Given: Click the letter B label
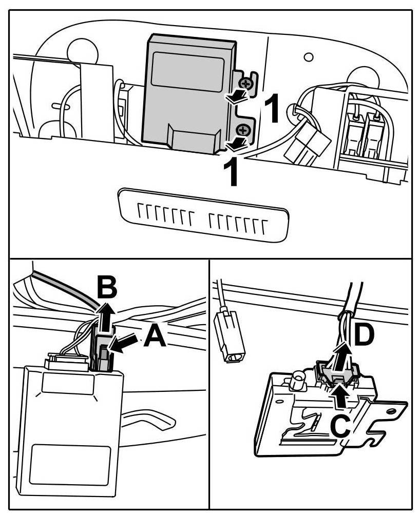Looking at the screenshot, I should click(x=107, y=288).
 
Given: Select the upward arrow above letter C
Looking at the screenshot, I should click(x=340, y=396).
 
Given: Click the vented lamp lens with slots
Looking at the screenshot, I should click(x=201, y=214).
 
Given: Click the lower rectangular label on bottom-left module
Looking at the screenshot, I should click(x=70, y=460).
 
